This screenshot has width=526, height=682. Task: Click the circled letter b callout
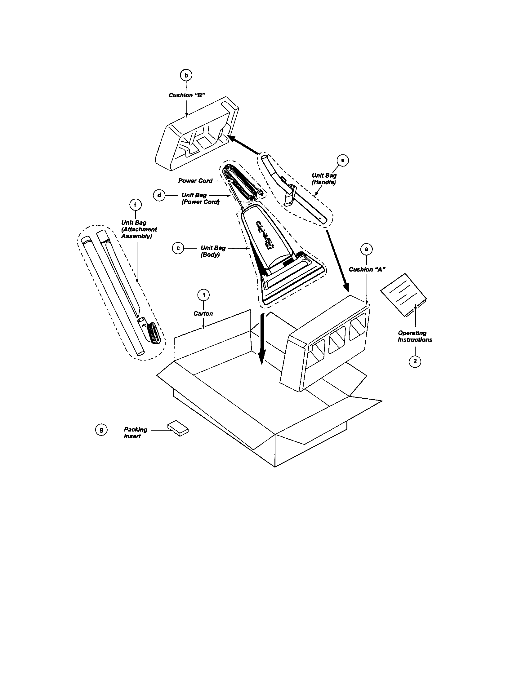[186, 75]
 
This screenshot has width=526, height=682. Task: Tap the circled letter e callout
[343, 161]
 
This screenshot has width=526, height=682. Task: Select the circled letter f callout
[135, 205]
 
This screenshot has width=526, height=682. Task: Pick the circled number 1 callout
[204, 295]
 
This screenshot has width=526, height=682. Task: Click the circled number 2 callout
[415, 361]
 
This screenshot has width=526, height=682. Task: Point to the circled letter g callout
[101, 430]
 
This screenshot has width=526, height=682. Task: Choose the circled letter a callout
[366, 249]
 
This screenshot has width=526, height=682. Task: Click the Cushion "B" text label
[187, 95]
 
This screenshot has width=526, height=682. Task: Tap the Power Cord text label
[195, 181]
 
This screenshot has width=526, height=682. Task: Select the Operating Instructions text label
[415, 336]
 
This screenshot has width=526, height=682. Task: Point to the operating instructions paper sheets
[403, 295]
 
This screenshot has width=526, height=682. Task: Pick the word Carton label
[203, 313]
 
